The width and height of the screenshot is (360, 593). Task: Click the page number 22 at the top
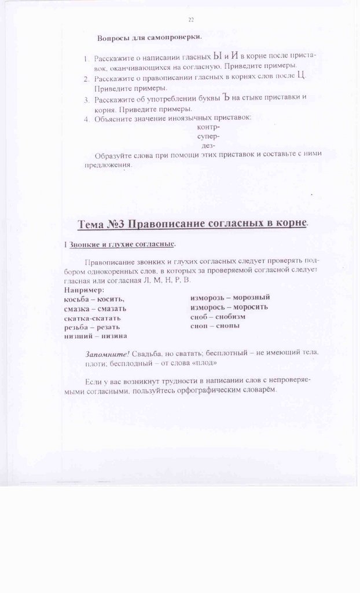190,20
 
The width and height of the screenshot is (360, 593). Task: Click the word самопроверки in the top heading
174,38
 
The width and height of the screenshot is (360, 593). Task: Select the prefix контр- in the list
208,127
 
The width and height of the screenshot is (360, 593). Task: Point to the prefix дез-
208,146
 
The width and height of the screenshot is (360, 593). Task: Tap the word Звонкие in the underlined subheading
87,245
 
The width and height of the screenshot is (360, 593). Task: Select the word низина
114,336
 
